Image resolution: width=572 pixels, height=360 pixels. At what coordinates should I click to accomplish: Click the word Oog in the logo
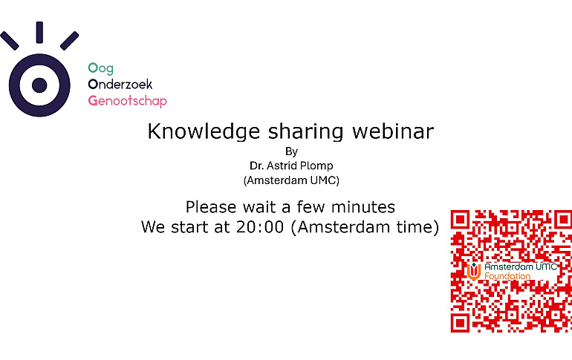pyautogui.click(x=100, y=68)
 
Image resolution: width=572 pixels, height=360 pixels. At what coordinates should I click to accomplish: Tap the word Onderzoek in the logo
pyautogui.click(x=120, y=84)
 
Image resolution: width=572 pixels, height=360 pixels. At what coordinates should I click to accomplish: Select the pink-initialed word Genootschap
pyautogui.click(x=127, y=100)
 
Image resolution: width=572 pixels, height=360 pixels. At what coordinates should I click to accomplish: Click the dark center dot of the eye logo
pyautogui.click(x=39, y=84)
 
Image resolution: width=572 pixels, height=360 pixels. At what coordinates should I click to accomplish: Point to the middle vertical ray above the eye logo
pyautogui.click(x=39, y=33)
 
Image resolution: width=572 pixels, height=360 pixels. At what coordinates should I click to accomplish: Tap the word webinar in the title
pyautogui.click(x=393, y=131)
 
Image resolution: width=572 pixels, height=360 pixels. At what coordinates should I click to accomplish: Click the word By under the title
pyautogui.click(x=290, y=151)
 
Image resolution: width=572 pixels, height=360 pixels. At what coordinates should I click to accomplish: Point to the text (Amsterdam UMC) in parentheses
pyautogui.click(x=290, y=180)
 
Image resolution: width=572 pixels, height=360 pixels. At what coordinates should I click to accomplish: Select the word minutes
pyautogui.click(x=363, y=206)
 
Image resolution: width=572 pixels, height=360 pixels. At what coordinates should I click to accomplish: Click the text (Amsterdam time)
pyautogui.click(x=364, y=227)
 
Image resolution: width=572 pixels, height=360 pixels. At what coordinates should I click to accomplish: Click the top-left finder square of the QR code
pyautogui.click(x=461, y=220)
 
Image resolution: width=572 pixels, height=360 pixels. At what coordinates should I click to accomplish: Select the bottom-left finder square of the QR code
pyautogui.click(x=461, y=322)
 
